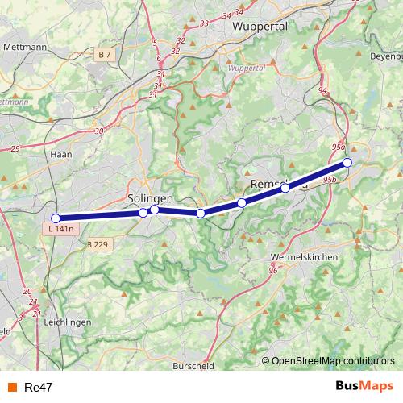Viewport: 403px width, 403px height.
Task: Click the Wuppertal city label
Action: (x=260, y=27)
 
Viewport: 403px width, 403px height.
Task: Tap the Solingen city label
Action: (x=150, y=198)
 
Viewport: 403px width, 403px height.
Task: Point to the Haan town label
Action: (x=61, y=153)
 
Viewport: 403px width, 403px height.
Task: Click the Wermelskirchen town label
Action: (x=305, y=256)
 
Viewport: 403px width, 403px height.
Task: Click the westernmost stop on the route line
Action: (x=56, y=218)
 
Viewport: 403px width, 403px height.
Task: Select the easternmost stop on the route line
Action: (x=347, y=163)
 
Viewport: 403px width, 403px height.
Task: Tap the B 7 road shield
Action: (x=102, y=54)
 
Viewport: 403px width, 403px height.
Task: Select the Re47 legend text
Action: (x=39, y=387)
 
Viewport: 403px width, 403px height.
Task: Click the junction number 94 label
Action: (x=323, y=90)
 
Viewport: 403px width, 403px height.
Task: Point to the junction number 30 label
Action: (x=99, y=131)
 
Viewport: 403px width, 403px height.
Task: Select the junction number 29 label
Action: (x=15, y=149)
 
